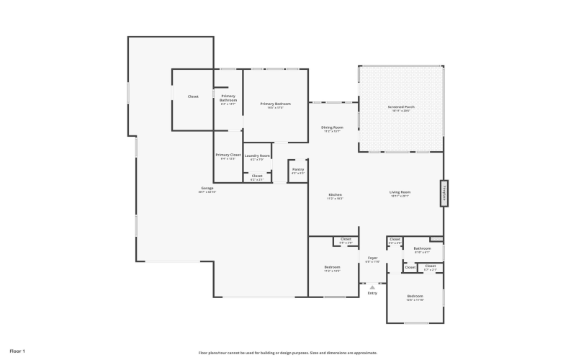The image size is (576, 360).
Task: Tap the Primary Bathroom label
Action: pos(228,98)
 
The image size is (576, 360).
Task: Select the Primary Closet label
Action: pos(228,155)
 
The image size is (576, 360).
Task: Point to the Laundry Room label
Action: pos(257,156)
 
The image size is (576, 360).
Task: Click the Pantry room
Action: pos(298,171)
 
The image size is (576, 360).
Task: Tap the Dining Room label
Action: pos(332,127)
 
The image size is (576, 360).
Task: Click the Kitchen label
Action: pos(336,195)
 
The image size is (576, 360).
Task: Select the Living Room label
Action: pos(400,192)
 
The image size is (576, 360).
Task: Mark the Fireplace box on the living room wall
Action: pos(445,192)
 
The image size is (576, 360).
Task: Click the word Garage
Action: pos(207,189)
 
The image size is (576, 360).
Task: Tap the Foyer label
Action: pos(372,258)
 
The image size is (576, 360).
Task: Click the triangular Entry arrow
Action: pos(372,286)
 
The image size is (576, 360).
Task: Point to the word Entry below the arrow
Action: pos(372,293)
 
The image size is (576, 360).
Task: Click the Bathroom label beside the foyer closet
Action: pos(422,248)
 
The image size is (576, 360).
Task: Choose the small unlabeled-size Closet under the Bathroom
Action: pos(410,268)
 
